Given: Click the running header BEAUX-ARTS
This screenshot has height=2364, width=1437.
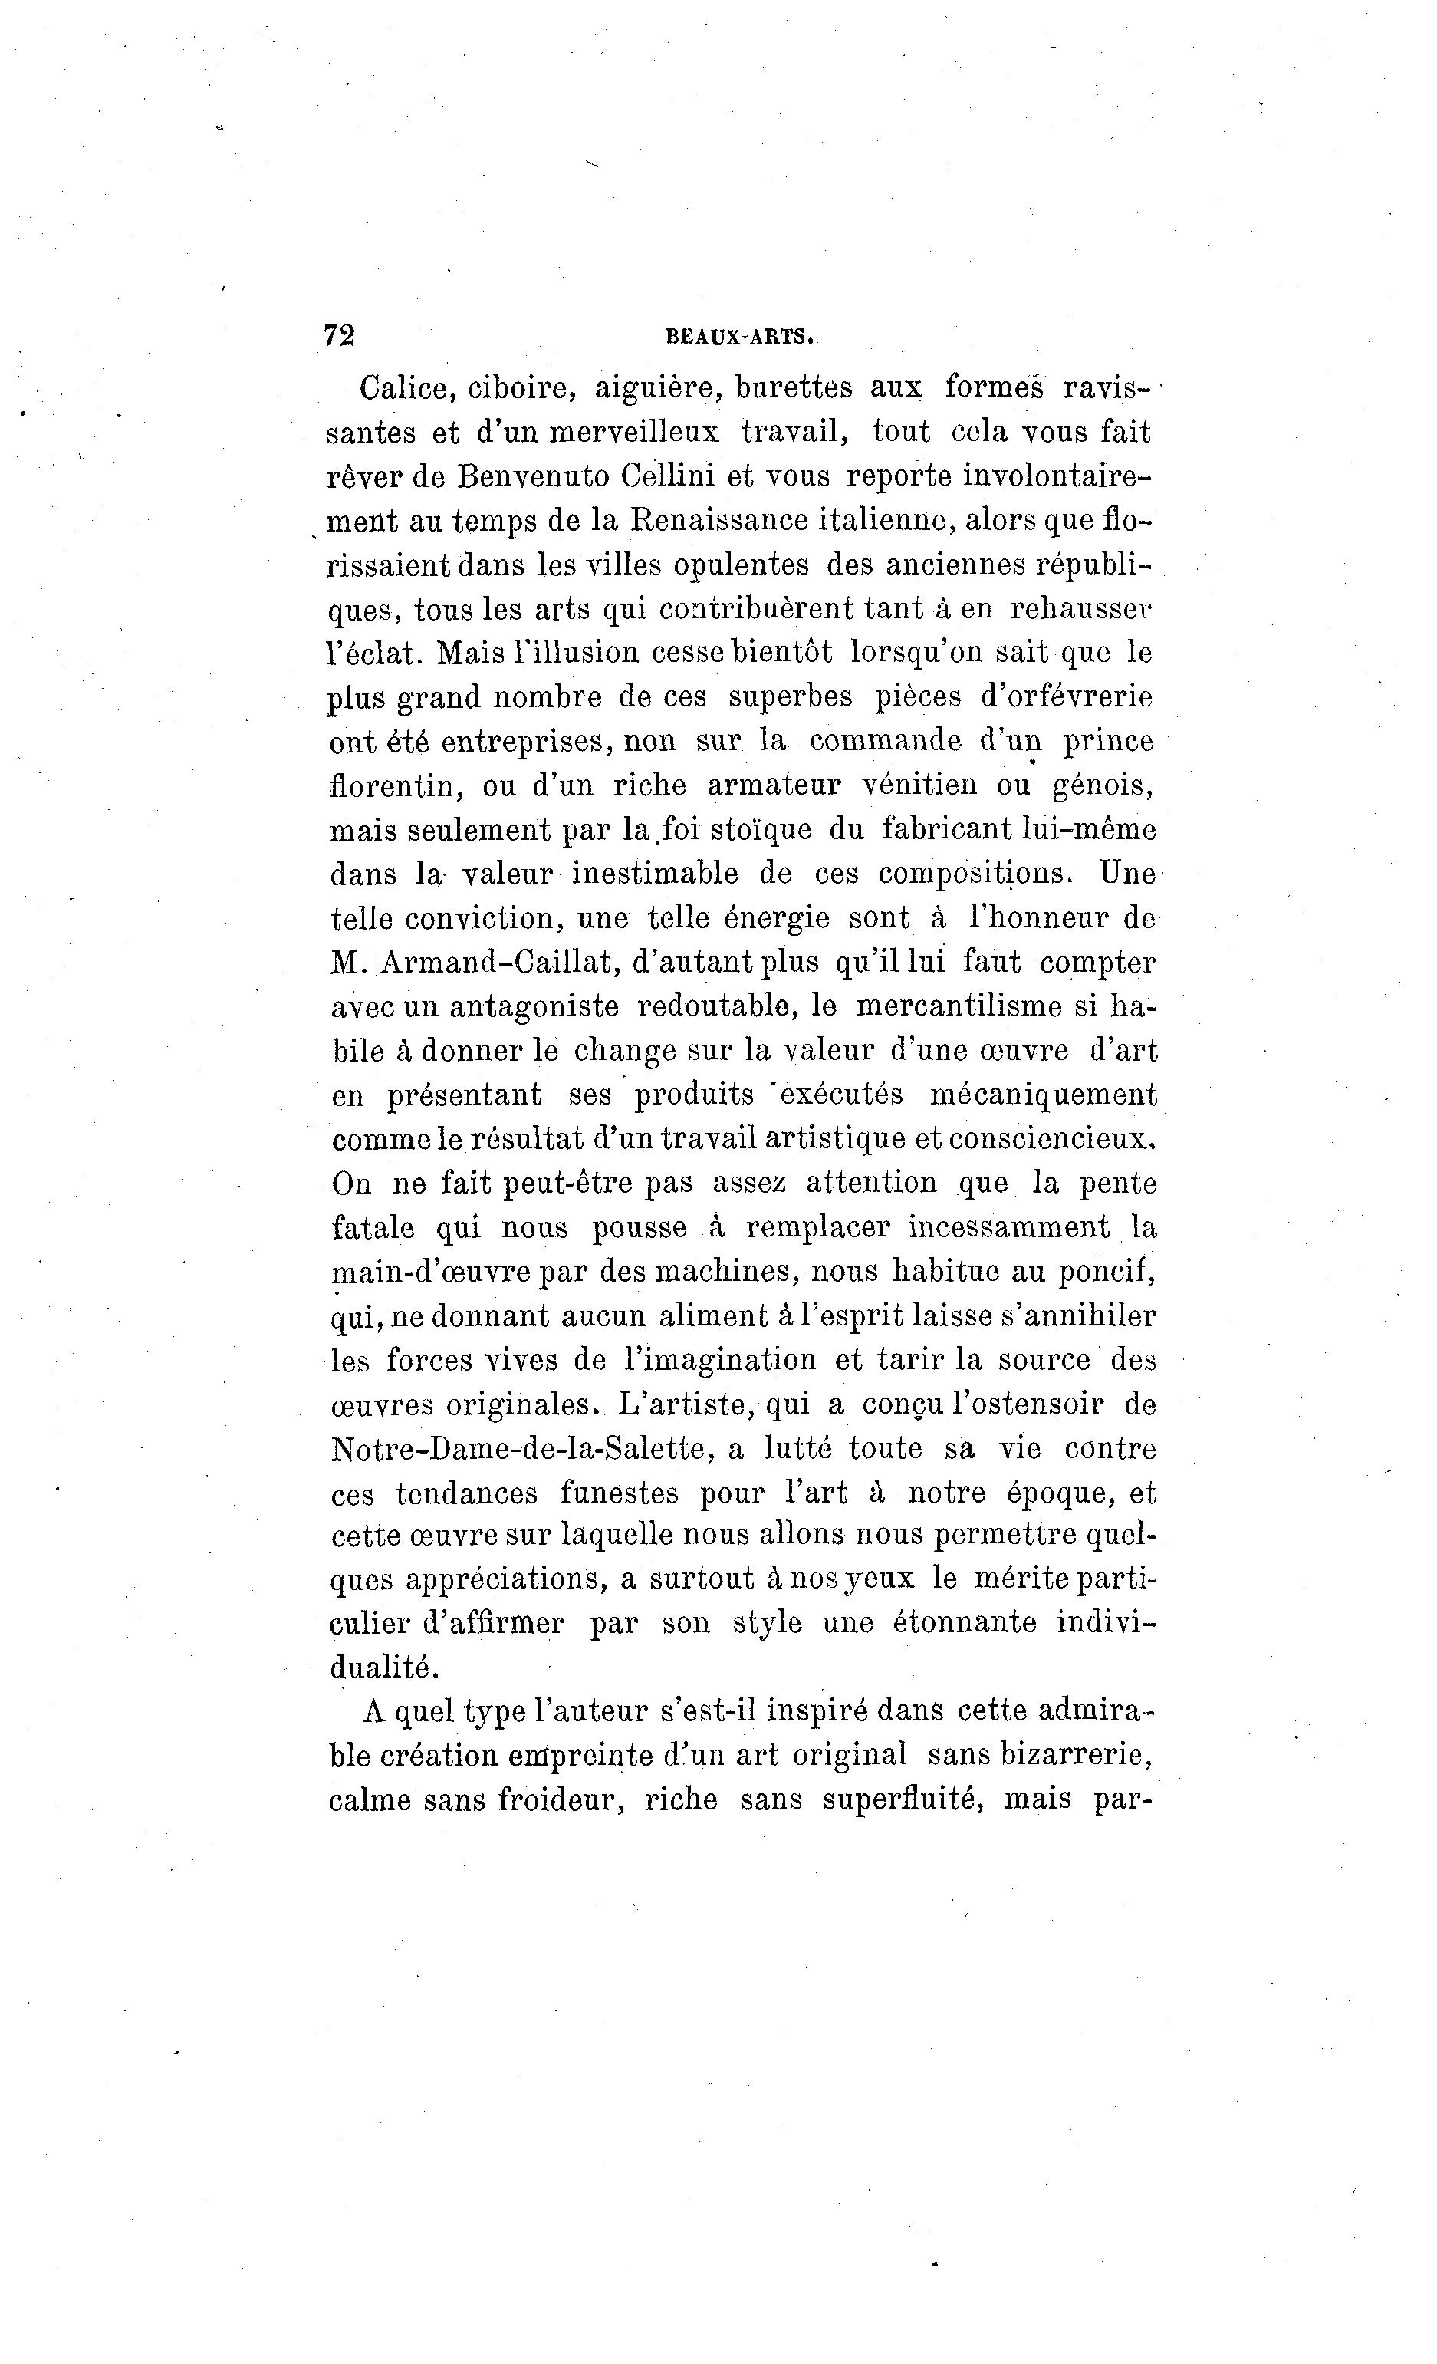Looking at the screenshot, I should point(740,337).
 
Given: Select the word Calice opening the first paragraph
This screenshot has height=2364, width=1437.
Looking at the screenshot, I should point(398,389).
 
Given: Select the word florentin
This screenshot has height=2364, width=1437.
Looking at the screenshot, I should point(396,785).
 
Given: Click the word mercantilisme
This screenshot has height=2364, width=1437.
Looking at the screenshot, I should point(974,1006).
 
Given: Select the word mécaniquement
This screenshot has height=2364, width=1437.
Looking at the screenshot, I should point(1044,1095).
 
